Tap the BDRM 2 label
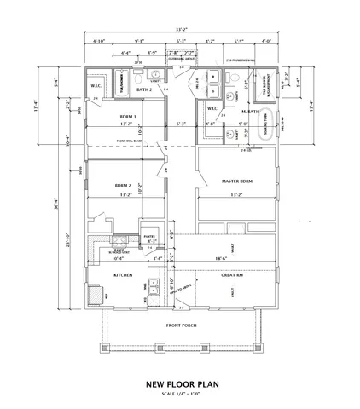tap(124, 185)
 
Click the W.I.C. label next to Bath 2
tap(95, 84)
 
